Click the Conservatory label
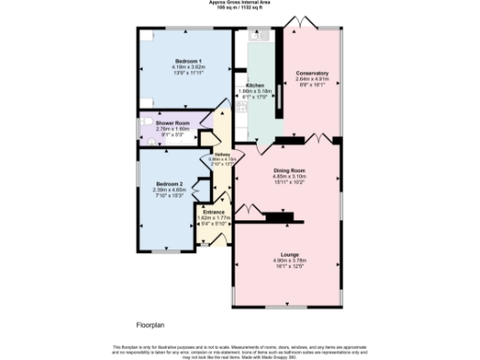coord(311,73)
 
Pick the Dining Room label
coord(289,170)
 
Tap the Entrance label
coord(216,212)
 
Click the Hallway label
coord(222,155)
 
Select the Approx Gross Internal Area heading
coord(239,3)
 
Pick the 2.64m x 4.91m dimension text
coord(311,80)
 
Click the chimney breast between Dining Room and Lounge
coord(279,218)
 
